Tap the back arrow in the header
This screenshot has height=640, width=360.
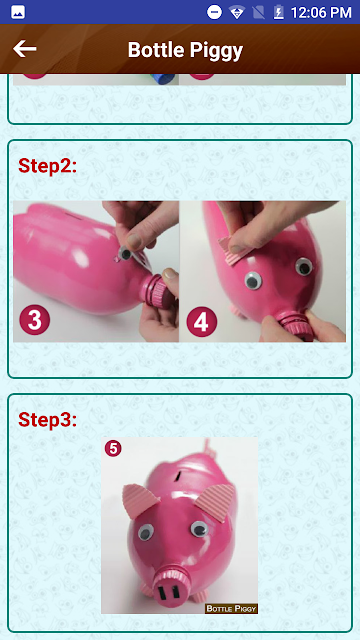coord(24,49)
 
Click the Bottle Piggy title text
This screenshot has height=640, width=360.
coord(185,50)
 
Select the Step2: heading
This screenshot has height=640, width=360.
coord(47,166)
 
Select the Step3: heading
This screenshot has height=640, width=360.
coord(47,420)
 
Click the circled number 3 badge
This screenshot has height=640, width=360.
coord(35,320)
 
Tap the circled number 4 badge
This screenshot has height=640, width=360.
coord(202,322)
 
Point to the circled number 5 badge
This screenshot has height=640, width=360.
coord(113,448)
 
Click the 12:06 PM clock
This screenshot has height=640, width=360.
coord(321,12)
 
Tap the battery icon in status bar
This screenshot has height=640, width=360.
coord(278,12)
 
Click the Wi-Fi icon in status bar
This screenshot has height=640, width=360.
coord(237,13)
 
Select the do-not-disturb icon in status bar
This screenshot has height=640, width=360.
coord(214,12)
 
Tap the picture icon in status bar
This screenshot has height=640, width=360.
coord(18,12)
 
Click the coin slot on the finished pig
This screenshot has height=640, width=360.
coord(179,475)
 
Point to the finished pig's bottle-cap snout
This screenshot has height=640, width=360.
coord(170,588)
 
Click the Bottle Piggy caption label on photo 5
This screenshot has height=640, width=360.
coord(231,609)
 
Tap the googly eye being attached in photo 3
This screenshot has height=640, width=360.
coord(124,254)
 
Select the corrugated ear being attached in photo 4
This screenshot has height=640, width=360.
coord(233,249)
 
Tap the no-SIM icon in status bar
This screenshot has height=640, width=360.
coord(258,12)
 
